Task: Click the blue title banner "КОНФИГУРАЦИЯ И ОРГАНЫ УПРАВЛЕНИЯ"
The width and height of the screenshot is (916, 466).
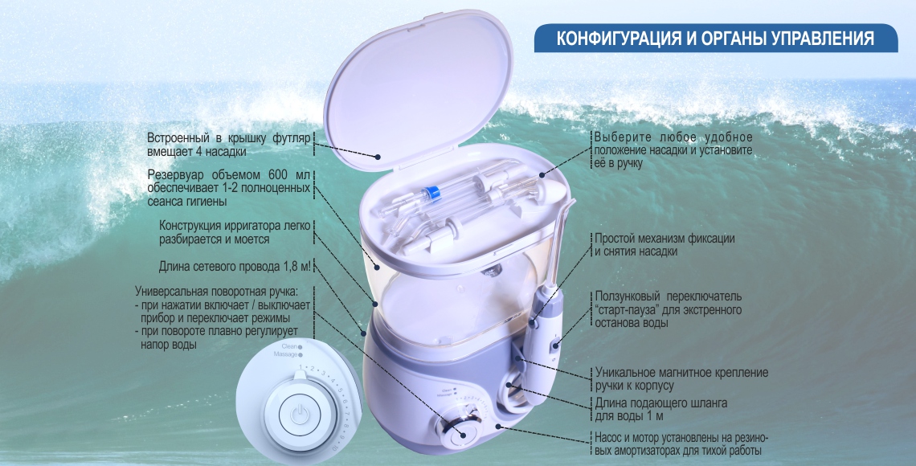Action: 716,39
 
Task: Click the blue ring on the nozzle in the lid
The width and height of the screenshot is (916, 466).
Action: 431,191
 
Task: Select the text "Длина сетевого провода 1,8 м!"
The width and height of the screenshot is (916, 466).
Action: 235,267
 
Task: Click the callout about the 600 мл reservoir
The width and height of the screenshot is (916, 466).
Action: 228,188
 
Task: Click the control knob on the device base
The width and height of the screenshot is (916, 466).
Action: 458,431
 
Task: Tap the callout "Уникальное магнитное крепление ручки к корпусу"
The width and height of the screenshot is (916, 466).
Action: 681,379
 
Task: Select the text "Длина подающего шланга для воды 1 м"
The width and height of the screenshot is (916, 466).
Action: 660,409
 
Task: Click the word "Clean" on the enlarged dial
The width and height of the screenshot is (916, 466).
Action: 288,346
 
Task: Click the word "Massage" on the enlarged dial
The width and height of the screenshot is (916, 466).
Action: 285,354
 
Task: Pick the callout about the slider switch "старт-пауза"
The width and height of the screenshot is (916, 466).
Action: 669,309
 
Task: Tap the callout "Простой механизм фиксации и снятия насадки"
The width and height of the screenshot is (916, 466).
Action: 665,245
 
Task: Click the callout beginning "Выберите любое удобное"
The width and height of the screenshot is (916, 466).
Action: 673,150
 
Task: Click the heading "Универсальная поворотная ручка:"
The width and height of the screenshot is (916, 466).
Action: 216,291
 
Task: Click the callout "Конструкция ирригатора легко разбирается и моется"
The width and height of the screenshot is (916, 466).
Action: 235,232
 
